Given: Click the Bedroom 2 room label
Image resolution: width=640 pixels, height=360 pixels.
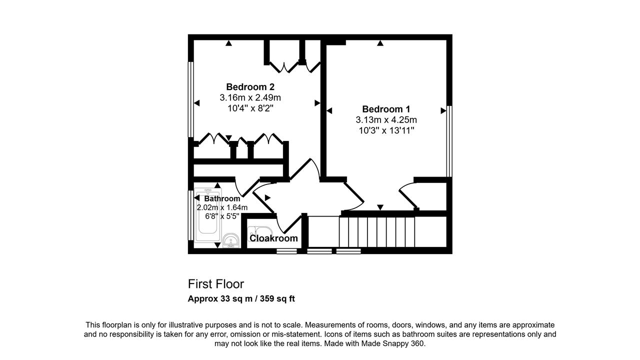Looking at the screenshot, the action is tap(250, 87).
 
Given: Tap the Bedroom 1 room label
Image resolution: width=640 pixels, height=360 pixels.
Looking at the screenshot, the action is tap(386, 109).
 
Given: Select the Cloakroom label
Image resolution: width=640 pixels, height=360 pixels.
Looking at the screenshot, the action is tap(273, 238).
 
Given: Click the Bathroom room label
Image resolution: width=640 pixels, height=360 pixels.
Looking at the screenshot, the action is tap(222, 198).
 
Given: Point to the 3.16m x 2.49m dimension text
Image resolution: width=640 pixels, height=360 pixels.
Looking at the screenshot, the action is tap(250, 97).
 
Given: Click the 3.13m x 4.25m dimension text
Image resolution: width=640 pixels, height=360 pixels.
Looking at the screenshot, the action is tap(386, 120).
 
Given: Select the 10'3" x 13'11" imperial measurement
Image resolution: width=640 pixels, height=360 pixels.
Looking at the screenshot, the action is tap(386, 130).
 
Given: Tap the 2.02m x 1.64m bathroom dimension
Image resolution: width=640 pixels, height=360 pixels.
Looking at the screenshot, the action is tap(222, 207).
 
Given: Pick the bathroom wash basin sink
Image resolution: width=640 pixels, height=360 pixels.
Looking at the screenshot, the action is tap(231, 240).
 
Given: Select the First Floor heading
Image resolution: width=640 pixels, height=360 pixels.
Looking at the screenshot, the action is tap(216, 284).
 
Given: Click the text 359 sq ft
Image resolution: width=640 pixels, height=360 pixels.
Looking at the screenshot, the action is tap(277, 299).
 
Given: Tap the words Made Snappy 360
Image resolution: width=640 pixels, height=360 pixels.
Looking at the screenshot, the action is tap(393, 343).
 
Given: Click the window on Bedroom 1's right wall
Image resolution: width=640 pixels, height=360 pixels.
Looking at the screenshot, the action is tap(449, 141).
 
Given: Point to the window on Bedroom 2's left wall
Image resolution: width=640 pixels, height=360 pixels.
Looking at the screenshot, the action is tap(190, 99).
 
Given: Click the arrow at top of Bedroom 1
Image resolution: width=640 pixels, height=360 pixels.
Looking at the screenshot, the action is tap(380, 43).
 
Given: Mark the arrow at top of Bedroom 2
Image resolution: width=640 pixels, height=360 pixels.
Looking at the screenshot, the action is tap(228, 43).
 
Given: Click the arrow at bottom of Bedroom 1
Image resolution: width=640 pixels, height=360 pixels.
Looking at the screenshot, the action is tap(380, 207).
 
